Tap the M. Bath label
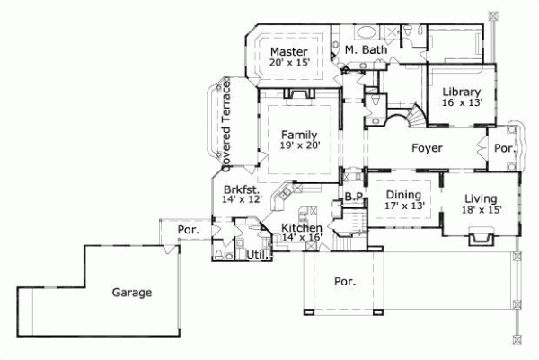366,50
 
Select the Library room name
461,92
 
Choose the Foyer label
427,148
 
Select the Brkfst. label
243,190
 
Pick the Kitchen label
301,230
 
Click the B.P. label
353,196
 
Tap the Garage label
131,293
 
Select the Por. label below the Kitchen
344,280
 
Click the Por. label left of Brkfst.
187,231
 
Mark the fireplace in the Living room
480,237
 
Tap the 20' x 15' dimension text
290,64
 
